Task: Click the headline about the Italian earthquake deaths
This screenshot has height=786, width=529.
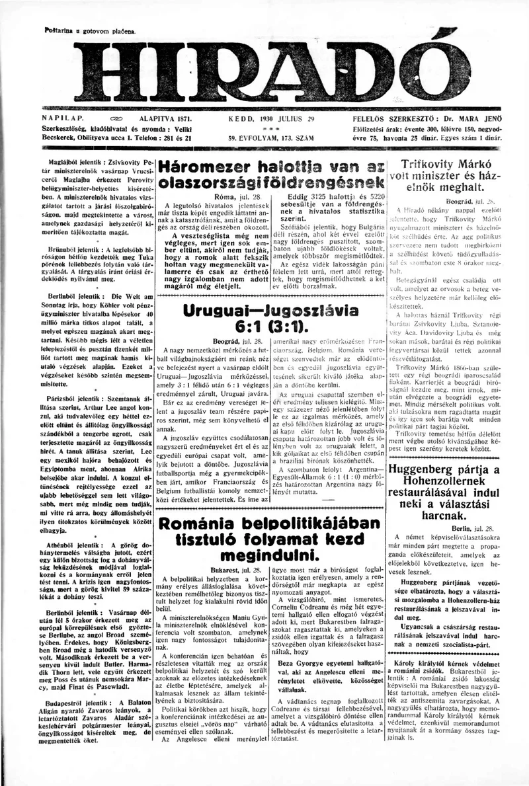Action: point(274,175)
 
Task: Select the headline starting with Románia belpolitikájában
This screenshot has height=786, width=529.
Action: point(274,537)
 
